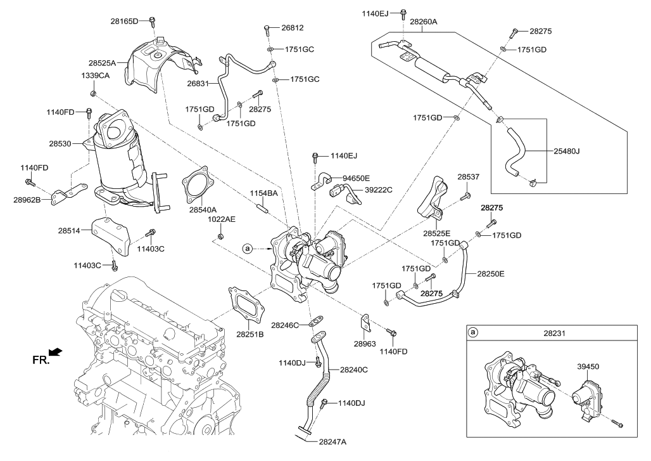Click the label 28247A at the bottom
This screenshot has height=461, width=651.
coord(333,441)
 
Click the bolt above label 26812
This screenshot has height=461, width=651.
coord(267,28)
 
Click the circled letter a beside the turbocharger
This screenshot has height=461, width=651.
coord(247,249)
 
